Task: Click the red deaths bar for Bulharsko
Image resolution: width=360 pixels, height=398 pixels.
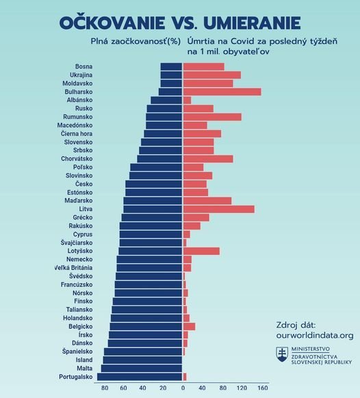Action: [x=222, y=92]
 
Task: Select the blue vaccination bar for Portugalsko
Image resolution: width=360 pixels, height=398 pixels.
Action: [x=140, y=377]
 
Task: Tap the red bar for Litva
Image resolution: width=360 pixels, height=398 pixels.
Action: [x=218, y=209]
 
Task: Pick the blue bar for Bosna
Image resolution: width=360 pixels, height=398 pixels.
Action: [x=171, y=66]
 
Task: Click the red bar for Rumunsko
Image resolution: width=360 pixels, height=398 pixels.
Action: [x=212, y=117]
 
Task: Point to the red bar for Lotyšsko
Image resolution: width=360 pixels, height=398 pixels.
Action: [x=201, y=251]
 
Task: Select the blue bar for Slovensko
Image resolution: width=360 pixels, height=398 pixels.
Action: [x=162, y=142]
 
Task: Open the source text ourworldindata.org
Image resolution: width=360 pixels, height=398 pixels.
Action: [x=314, y=336]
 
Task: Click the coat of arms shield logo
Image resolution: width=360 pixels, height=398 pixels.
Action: [x=281, y=355]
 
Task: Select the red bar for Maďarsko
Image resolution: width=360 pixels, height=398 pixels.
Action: [x=207, y=201]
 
